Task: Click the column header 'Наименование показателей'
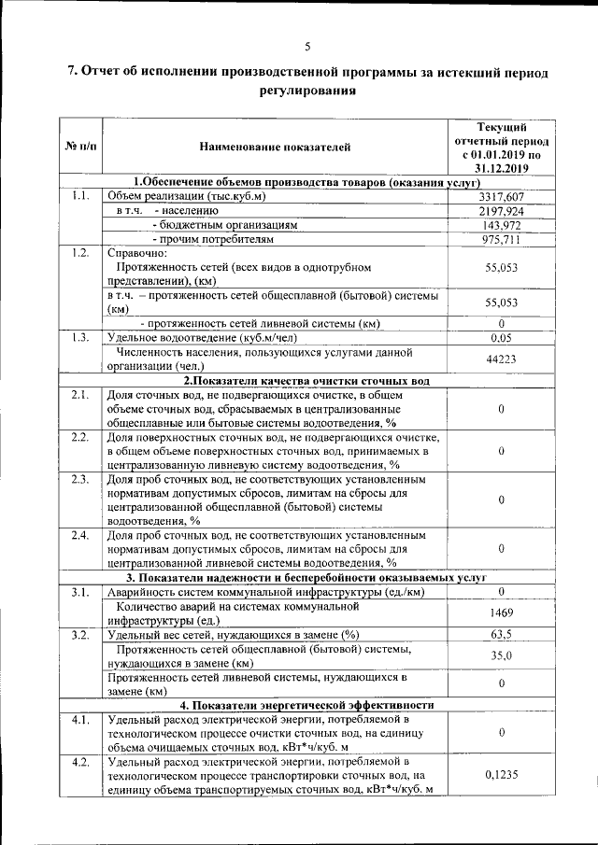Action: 275,147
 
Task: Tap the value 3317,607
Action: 502,196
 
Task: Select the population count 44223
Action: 502,359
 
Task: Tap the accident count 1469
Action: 502,613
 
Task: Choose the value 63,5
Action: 502,635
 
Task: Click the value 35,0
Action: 502,656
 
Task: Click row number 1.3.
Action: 80,338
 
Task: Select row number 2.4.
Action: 80,535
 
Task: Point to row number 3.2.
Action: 80,635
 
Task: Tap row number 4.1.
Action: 80,720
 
